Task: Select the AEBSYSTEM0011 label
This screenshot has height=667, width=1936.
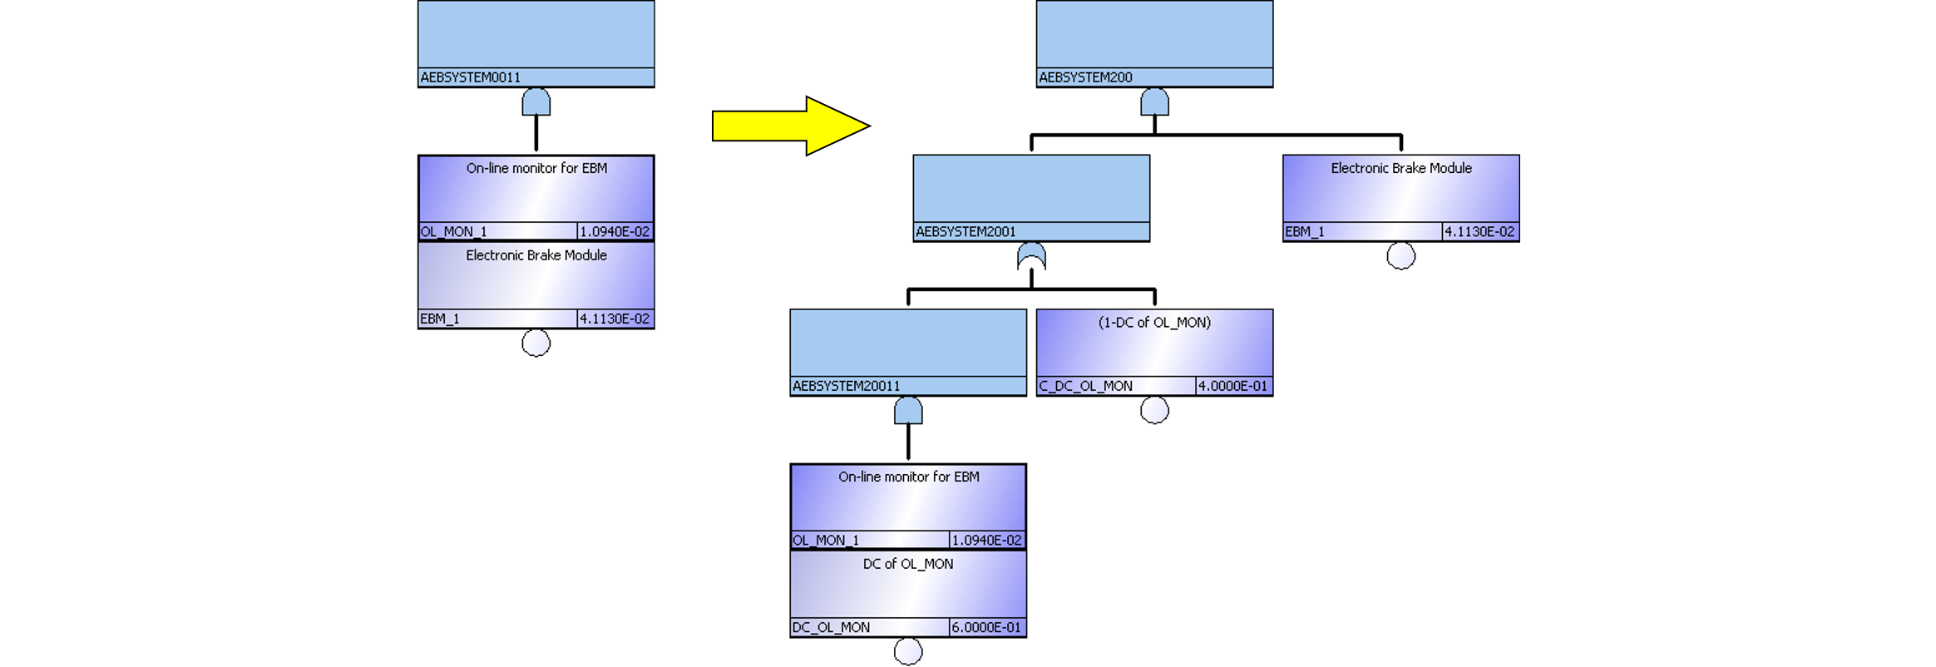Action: point(471,77)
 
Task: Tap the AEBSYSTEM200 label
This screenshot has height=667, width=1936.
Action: point(1085,77)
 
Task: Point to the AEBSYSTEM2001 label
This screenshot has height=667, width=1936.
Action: point(966,232)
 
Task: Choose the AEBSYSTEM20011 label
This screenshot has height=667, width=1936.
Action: point(846,386)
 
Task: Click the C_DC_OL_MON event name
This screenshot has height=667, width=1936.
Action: point(1085,386)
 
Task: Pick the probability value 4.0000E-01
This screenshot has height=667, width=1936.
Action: point(1232,386)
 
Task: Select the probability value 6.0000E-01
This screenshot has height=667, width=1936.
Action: point(986,627)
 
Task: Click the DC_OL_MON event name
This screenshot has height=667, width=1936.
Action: point(831,627)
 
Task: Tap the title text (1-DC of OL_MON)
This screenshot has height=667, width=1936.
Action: point(1154,323)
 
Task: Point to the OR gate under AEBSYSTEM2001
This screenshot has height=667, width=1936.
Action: point(1031,256)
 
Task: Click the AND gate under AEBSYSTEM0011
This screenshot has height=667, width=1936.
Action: point(536,102)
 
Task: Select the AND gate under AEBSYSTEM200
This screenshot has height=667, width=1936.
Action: point(1154,102)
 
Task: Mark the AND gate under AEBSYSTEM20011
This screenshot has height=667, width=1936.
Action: point(908,411)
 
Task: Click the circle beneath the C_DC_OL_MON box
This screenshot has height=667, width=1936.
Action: point(1154,410)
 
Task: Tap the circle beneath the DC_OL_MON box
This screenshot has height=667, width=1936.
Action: point(908,651)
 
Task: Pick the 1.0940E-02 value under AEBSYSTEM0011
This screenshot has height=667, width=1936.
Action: point(615,232)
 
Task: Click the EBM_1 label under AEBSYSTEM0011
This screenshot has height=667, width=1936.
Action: point(440,319)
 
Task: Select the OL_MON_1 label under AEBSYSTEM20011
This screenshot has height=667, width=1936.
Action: point(826,541)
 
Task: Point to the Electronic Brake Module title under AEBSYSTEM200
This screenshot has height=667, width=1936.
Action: point(1401,168)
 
